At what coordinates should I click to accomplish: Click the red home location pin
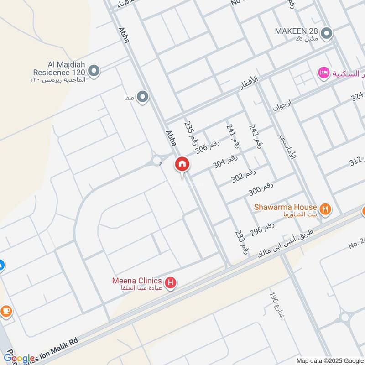[x=182, y=164]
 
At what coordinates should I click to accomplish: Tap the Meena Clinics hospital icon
[x=171, y=284]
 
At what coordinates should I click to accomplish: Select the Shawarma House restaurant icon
[x=325, y=209]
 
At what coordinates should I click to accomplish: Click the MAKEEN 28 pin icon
[x=326, y=33]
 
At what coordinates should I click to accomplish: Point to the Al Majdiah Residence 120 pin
[x=94, y=71]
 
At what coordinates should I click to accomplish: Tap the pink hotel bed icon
[x=323, y=73]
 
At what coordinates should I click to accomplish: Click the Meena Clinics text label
[x=137, y=280]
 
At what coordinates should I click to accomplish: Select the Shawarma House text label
[x=285, y=207]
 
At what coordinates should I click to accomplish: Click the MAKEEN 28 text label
[x=296, y=31]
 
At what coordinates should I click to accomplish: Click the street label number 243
[x=256, y=136]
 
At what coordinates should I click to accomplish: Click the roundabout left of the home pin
[x=157, y=161]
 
